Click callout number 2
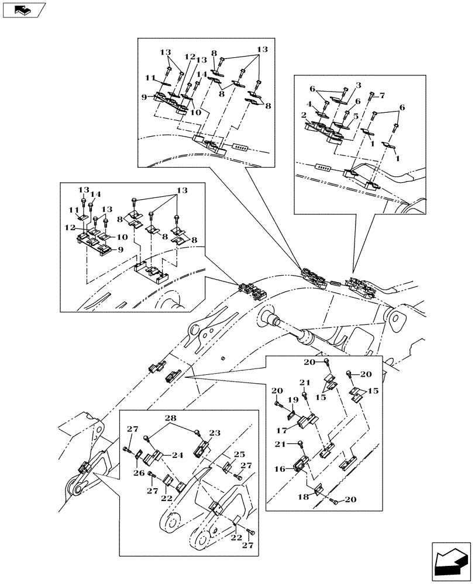pyautogui.click(x=305, y=114)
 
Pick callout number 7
pyautogui.click(x=381, y=95)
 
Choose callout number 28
pyautogui.click(x=170, y=419)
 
